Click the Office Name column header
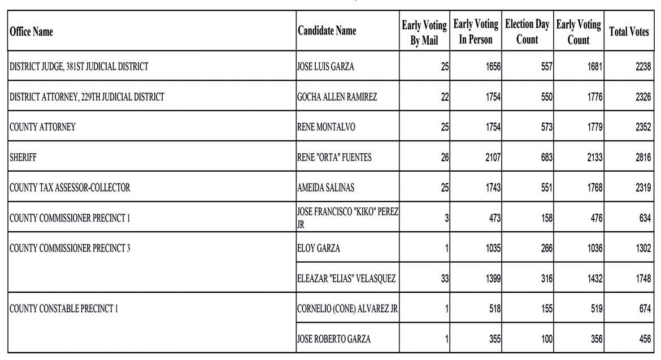32,32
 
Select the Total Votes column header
628,32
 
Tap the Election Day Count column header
527,32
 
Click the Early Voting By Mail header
424,32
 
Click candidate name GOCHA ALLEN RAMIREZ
337,97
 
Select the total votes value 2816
643,158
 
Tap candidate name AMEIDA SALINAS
326,188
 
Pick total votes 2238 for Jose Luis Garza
643,67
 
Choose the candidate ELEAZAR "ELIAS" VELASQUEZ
346,279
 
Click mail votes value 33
445,279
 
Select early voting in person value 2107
493,158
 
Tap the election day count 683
546,158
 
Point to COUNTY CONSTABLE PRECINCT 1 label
64,309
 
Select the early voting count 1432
594,279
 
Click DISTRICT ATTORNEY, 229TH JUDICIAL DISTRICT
87,97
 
